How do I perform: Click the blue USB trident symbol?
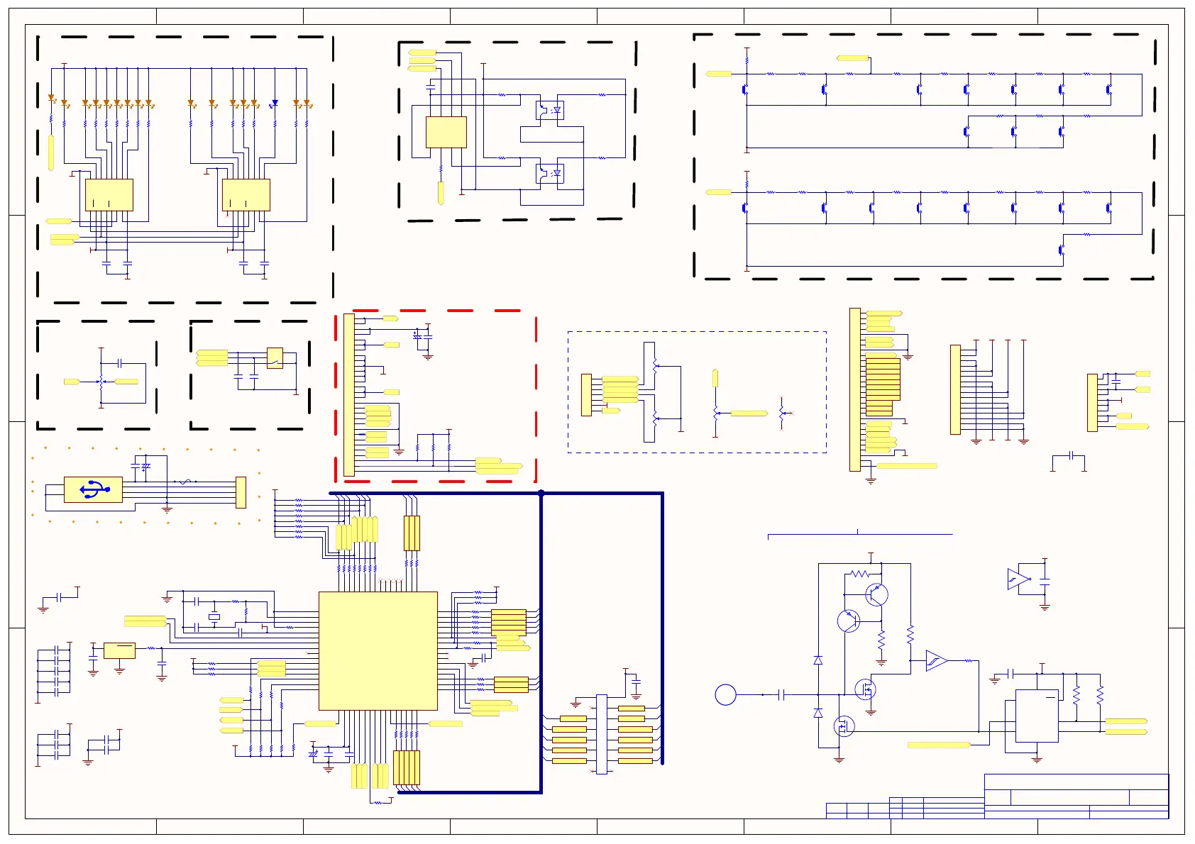[93, 489]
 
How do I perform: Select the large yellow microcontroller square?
[378, 650]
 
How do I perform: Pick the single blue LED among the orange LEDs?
[275, 104]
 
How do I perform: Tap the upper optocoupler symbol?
[549, 110]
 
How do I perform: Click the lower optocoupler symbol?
[549, 173]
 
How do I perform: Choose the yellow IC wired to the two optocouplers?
[446, 132]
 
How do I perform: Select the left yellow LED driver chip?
[109, 194]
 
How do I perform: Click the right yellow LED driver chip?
[246, 194]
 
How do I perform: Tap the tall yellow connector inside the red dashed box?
[348, 394]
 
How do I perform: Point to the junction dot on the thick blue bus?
[541, 493]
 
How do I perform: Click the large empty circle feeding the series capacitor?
[725, 694]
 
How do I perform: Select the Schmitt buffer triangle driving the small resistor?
[936, 661]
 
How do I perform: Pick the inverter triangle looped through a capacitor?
[1018, 579]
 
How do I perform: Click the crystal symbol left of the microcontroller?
[214, 617]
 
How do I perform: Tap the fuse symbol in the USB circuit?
[185, 482]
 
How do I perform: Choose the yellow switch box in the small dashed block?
[275, 357]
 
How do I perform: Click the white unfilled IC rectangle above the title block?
[1037, 716]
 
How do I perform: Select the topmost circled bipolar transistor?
[876, 594]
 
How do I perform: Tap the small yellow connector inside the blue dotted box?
[586, 394]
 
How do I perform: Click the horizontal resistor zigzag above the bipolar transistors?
[859, 573]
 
